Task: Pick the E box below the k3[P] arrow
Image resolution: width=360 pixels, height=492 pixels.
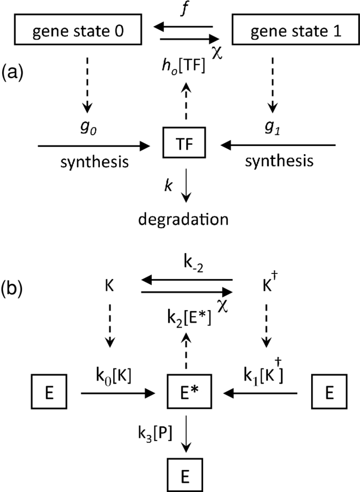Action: [x=187, y=470]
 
